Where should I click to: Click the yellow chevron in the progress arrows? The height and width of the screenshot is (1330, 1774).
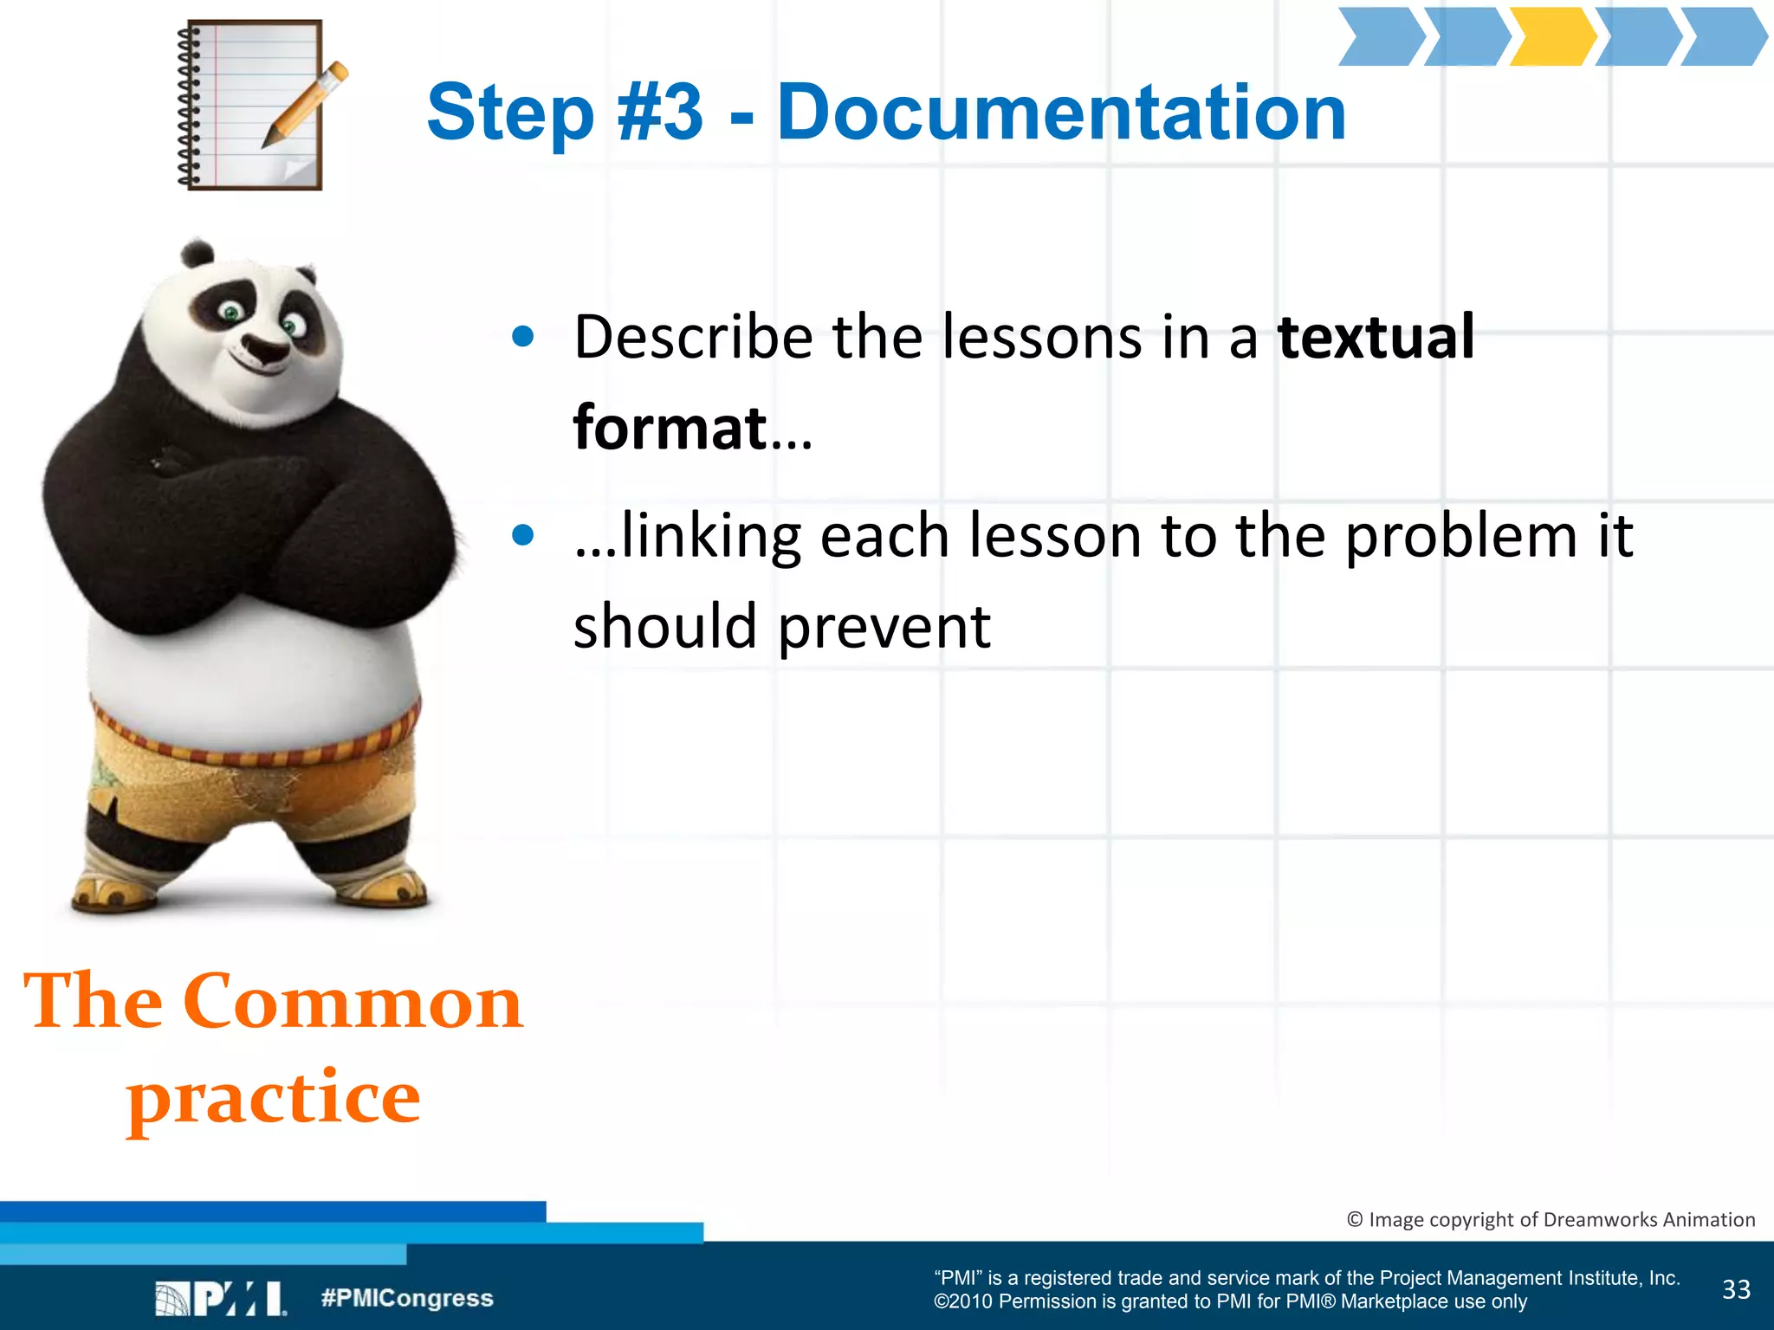point(1551,36)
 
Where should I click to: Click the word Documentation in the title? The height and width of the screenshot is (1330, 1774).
point(1061,112)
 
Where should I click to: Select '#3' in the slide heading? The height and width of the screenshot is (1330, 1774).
point(659,112)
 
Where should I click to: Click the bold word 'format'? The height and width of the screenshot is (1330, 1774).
point(670,427)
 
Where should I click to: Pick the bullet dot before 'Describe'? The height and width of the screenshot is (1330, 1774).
point(522,336)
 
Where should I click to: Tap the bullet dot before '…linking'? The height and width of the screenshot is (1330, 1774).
point(522,535)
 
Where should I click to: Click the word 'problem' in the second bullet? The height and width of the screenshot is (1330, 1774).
point(1461,537)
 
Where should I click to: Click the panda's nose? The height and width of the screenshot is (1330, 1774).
point(263,348)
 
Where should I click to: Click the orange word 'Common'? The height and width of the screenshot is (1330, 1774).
point(353,1002)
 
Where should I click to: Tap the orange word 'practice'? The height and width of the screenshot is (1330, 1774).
point(274,1098)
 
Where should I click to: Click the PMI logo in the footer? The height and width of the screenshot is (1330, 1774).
point(220,1298)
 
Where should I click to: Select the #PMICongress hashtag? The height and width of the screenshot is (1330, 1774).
point(406,1298)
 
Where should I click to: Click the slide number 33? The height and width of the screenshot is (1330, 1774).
point(1736,1289)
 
